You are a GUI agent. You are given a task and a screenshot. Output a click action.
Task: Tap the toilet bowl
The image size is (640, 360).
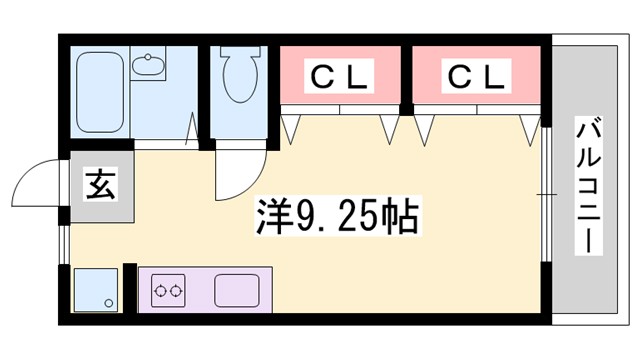240,76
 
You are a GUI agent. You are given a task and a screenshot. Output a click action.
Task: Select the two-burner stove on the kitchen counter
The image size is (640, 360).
167,291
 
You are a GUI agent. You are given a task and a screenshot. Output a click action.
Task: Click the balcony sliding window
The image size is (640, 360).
548,190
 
